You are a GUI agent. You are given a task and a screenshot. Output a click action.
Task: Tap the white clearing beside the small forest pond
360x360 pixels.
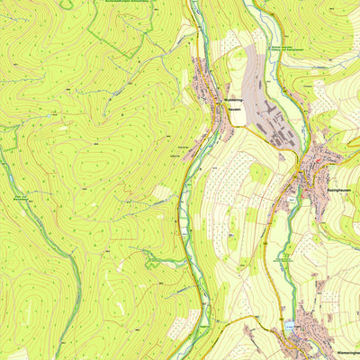(x=162, y=192)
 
